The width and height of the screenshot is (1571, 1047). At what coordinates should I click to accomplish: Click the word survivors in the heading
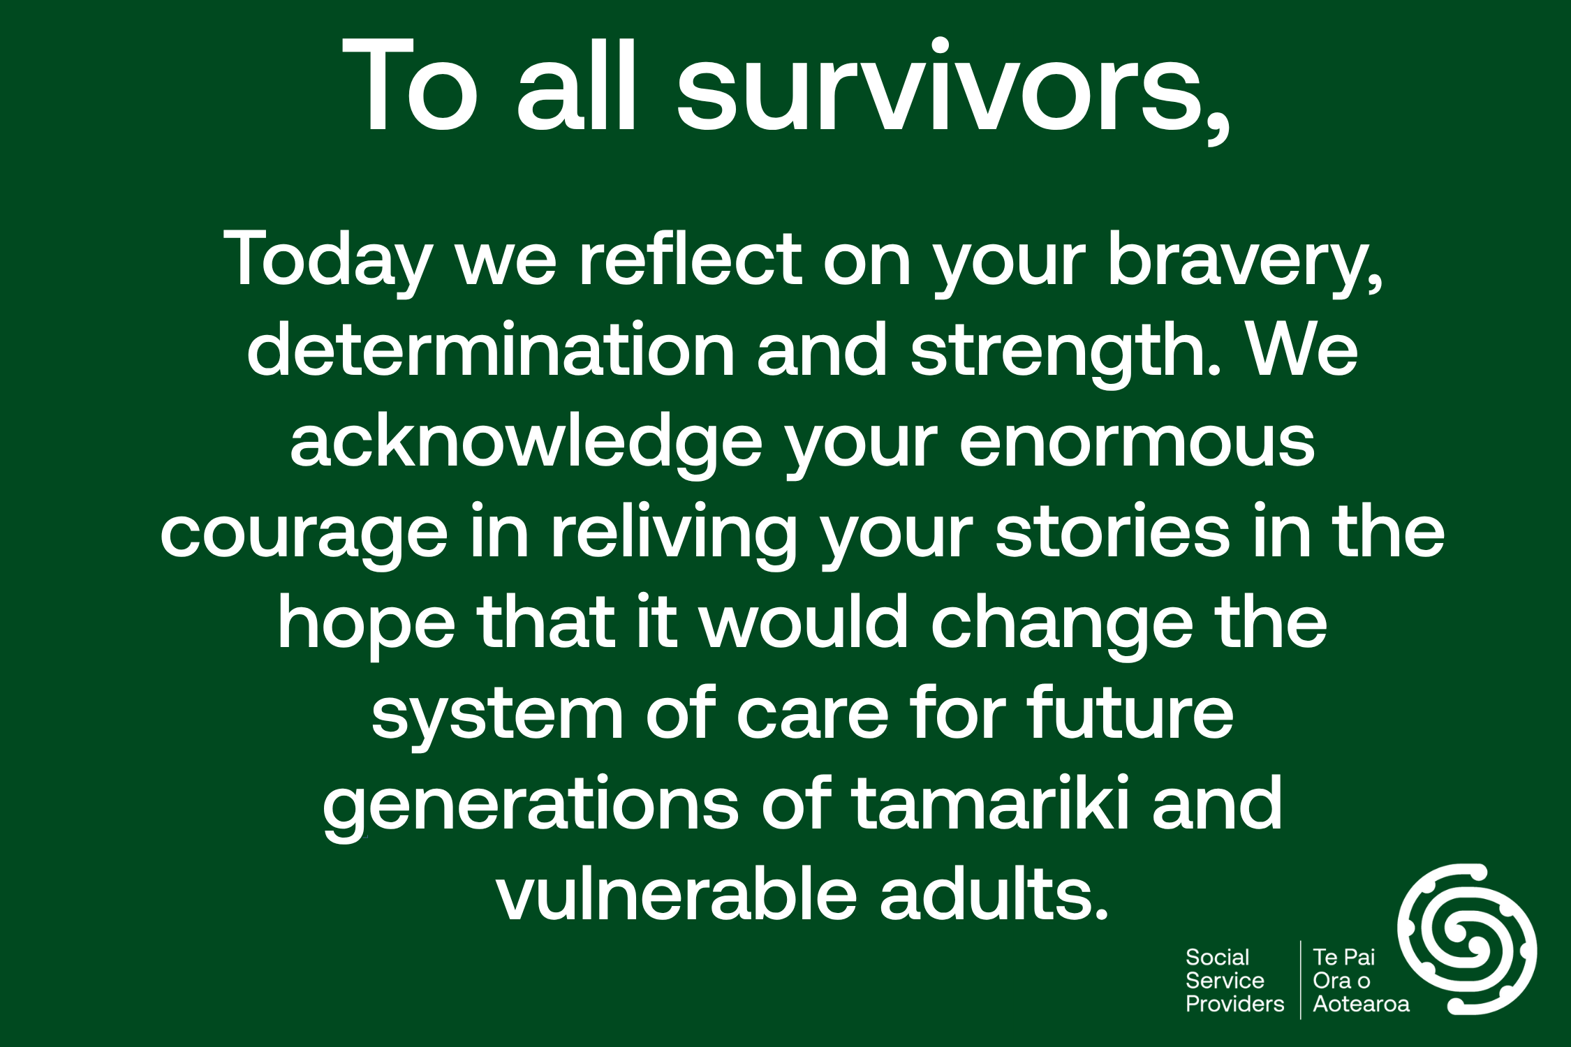[952, 87]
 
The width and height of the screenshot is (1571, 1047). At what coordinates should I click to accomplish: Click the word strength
[1065, 351]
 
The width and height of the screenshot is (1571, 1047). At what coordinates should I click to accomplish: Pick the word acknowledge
[527, 442]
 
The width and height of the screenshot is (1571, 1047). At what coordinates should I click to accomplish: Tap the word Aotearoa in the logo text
[1361, 1004]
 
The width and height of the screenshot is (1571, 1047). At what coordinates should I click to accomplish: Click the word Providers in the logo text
[1234, 1004]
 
